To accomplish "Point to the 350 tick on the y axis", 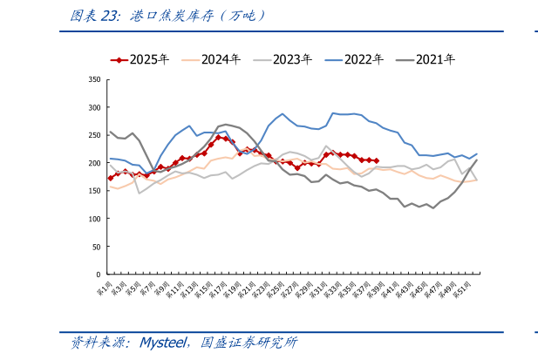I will [93, 79].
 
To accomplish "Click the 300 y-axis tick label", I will [93, 107].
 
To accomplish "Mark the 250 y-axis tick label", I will [93, 135].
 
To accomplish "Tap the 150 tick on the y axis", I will [93, 191].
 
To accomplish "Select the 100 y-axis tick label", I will [93, 219].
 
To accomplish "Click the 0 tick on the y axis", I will [98, 274].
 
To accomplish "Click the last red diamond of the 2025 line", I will [375, 160].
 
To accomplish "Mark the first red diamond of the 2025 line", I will [111, 178].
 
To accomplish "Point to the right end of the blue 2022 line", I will [477, 154].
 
